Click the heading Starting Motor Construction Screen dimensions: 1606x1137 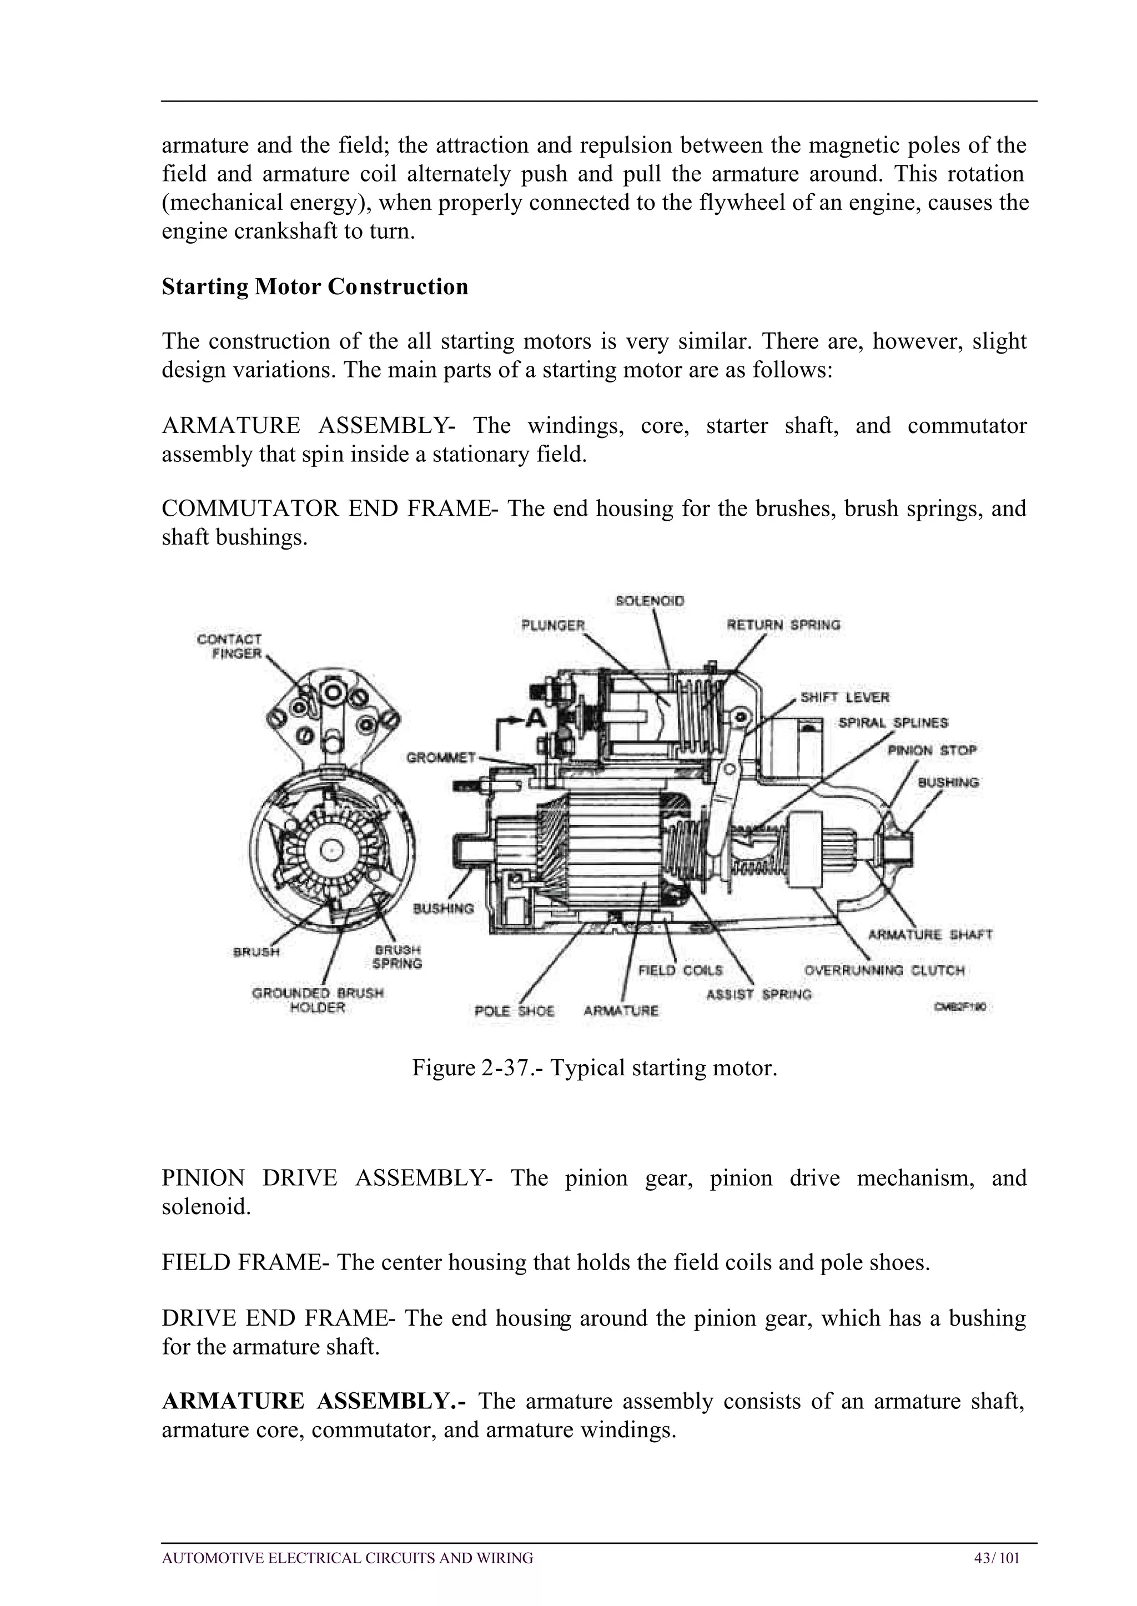[314, 287]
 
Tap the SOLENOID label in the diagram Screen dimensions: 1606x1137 [649, 601]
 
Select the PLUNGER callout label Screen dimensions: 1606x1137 [552, 625]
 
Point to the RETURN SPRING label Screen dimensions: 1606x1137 [783, 625]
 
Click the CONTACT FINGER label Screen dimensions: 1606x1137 [230, 646]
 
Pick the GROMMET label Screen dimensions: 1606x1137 [441, 758]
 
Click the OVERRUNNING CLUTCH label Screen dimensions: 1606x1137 [884, 970]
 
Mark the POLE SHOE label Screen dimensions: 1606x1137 [514, 1011]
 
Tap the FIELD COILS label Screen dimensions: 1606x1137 [680, 970]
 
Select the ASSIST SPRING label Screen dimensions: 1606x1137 [759, 994]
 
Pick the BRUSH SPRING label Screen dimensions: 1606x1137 [398, 957]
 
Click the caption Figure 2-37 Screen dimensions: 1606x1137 [595, 1068]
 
